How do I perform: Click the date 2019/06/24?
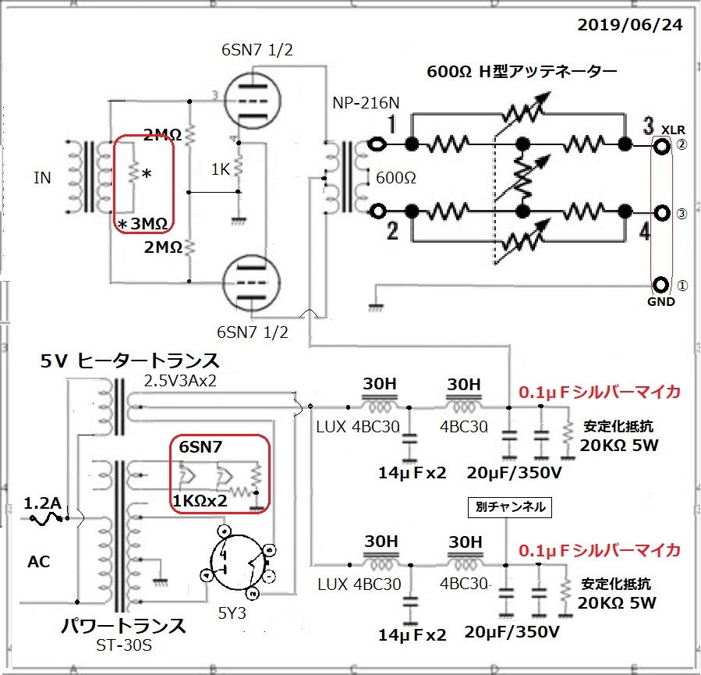pyautogui.click(x=630, y=25)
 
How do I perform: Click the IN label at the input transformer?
pyautogui.click(x=42, y=178)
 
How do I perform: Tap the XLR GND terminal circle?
pyautogui.click(x=662, y=285)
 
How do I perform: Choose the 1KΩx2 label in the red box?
pyautogui.click(x=200, y=500)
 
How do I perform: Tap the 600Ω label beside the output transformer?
pyautogui.click(x=395, y=178)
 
